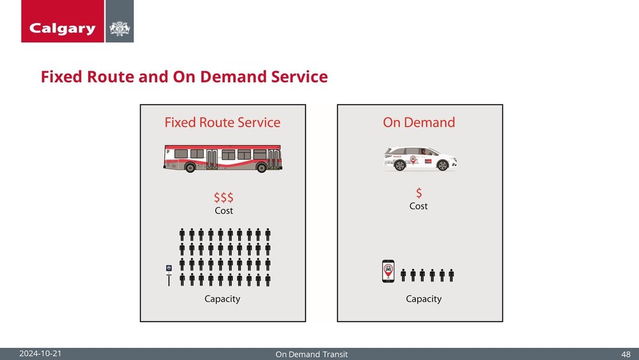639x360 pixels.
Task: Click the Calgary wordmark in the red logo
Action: coord(62,28)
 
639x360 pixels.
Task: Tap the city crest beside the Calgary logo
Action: coord(119,28)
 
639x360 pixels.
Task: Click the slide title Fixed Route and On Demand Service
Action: coord(184,77)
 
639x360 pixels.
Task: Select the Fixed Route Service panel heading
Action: coord(222,122)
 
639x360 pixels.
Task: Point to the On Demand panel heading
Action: coord(419,122)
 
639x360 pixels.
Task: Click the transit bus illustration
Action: coord(222,158)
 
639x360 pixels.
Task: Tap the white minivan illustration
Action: coord(420,159)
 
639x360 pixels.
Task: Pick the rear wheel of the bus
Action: coord(190,168)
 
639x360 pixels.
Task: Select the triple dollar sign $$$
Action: coord(223,198)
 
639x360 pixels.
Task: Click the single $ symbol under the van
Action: coord(419,192)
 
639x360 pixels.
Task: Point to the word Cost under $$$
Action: coord(223,210)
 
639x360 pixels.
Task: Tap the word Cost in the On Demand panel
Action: coord(419,206)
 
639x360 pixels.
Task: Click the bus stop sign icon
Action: coord(169,274)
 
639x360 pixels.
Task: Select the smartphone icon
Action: coord(388,273)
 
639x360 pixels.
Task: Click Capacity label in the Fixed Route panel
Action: coord(222,299)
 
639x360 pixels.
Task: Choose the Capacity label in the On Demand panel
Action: coord(424,299)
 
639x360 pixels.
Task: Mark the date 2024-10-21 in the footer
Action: coord(40,354)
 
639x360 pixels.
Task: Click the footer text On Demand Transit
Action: coord(312,354)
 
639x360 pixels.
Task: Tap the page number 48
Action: coord(626,354)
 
